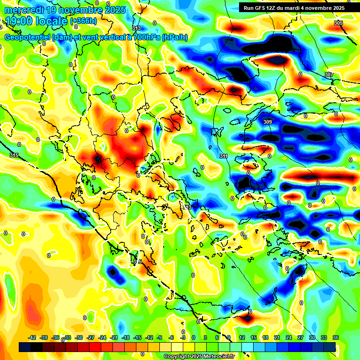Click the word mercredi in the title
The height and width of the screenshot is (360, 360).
[22, 9]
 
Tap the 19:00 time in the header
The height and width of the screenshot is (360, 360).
[22, 21]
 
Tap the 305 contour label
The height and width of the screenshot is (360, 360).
[338, 23]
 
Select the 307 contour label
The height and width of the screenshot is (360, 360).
[328, 75]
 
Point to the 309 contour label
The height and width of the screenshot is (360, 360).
[267, 122]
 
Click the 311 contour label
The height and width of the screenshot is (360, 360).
[224, 156]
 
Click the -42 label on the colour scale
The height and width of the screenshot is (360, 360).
[32, 337]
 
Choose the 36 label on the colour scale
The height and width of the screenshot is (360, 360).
[336, 337]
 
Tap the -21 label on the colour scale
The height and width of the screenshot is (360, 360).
[114, 337]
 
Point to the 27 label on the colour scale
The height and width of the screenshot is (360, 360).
[300, 337]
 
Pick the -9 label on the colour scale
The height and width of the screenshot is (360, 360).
[160, 337]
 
